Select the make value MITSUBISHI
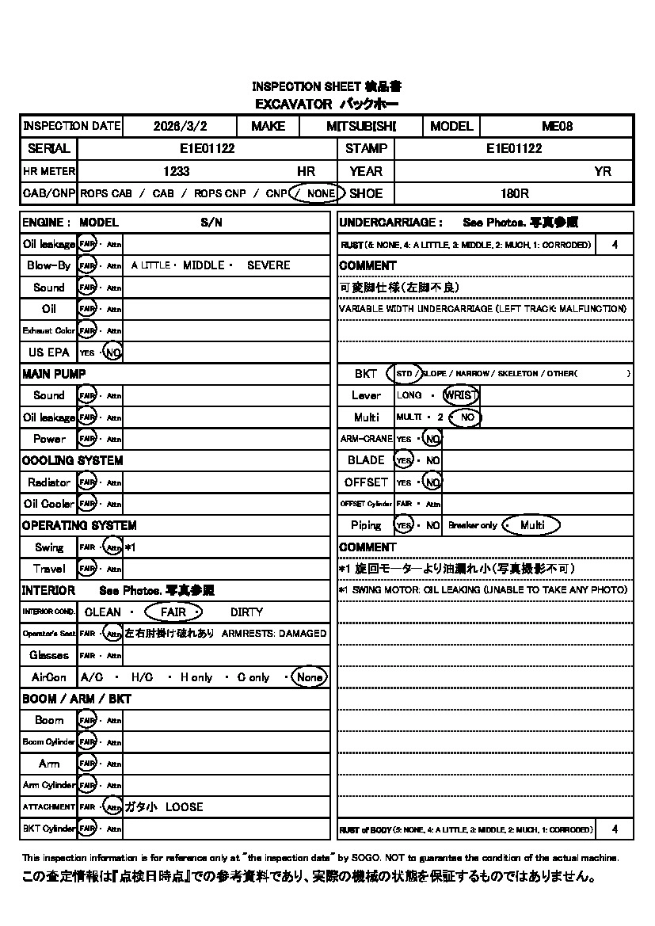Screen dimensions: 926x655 (x=361, y=126)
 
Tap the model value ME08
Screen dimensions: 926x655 (x=557, y=126)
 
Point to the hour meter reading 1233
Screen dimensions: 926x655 (x=177, y=171)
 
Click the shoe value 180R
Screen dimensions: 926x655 (x=515, y=193)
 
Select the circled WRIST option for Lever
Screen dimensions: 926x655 (x=461, y=395)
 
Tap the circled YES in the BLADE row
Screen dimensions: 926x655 (x=404, y=460)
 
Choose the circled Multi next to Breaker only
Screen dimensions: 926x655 (x=532, y=525)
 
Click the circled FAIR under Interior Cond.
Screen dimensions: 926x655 (x=173, y=612)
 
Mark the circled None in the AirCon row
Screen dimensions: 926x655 (x=309, y=677)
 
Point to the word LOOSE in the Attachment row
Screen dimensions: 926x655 (x=185, y=807)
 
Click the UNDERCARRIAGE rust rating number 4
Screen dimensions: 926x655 (x=615, y=245)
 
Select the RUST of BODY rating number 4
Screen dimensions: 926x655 (x=615, y=829)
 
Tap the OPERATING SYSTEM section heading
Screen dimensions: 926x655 (x=79, y=525)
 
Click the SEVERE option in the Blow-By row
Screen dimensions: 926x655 (x=268, y=265)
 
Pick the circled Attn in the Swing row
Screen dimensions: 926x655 (x=114, y=547)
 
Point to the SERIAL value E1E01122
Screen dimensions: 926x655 (x=207, y=148)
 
